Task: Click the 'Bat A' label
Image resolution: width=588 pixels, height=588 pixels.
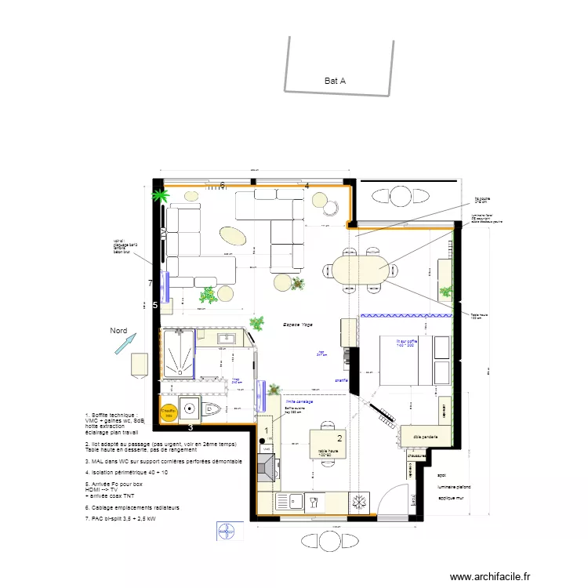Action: click(x=335, y=80)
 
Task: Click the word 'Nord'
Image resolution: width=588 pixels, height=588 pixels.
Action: click(x=118, y=331)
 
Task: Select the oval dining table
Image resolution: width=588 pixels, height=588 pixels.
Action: click(x=359, y=270)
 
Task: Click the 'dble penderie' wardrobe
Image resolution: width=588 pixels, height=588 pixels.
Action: click(x=423, y=436)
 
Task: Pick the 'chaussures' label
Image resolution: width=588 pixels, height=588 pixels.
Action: click(x=417, y=455)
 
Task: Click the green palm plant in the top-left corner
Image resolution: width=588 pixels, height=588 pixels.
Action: click(x=160, y=194)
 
